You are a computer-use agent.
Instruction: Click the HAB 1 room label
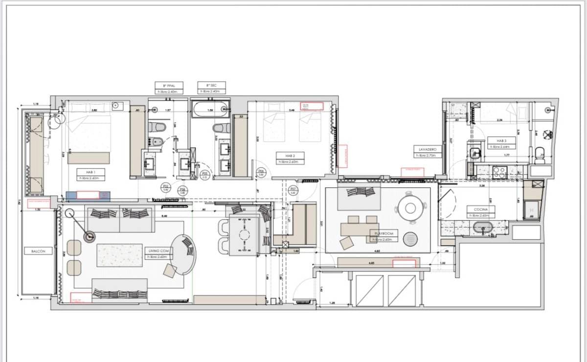90,172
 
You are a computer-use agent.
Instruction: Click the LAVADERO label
424,149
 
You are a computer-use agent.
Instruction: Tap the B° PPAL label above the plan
165,85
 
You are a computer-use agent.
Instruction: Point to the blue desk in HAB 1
88,195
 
